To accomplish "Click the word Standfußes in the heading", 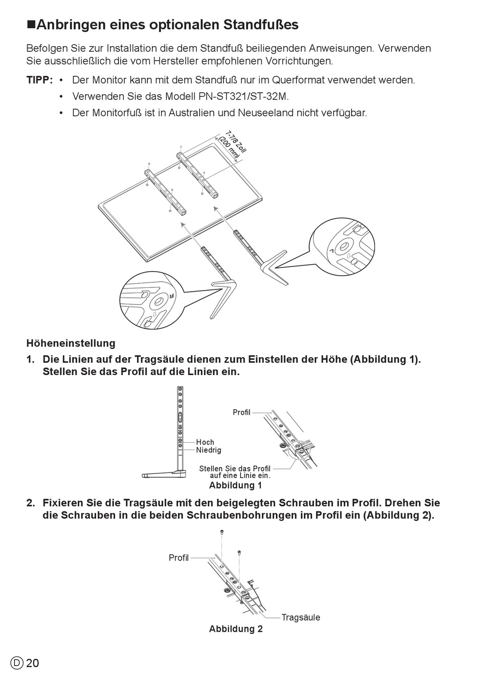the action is [x=261, y=25].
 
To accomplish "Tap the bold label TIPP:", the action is [x=39, y=80].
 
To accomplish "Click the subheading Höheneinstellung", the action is [x=71, y=343].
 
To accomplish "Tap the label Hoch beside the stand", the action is [x=205, y=442].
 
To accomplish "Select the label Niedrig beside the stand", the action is [x=209, y=450].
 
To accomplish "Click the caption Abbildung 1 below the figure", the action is [x=235, y=485].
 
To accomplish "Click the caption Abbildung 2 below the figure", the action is [x=235, y=629].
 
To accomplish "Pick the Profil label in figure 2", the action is [x=179, y=558].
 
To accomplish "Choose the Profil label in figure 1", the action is [x=241, y=412].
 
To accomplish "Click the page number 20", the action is [x=33, y=663].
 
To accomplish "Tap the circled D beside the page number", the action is [x=17, y=663].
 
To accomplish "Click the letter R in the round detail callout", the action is [x=172, y=295].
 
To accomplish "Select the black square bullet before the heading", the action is [x=31, y=25].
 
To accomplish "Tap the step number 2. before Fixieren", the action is [x=31, y=503].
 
